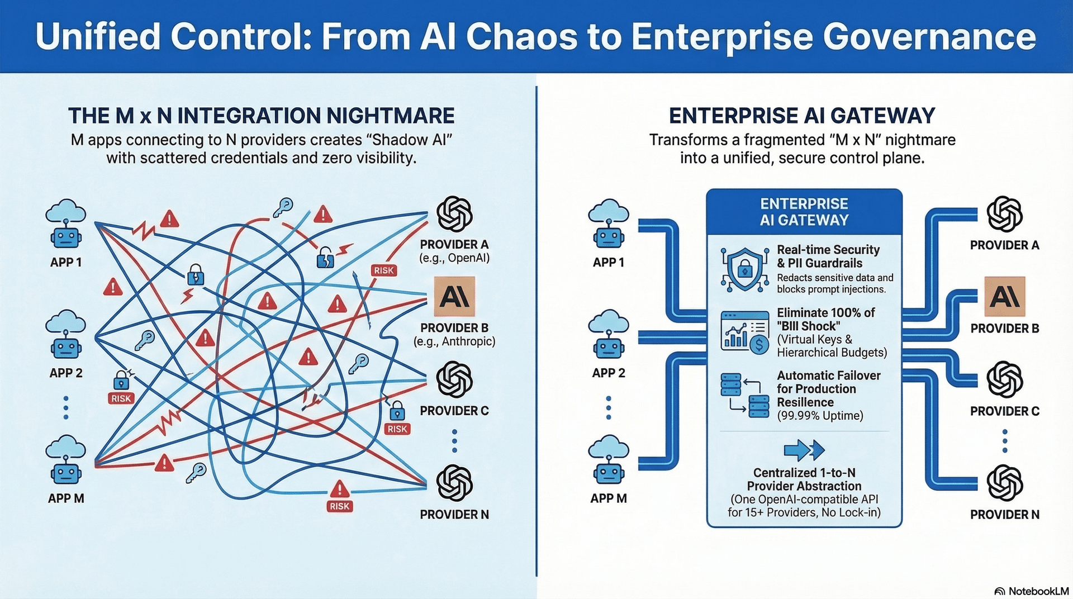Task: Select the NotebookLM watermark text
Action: tap(1038, 591)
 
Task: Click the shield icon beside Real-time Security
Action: tap(744, 269)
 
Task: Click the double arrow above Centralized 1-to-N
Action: tap(804, 450)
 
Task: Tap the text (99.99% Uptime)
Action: tap(820, 416)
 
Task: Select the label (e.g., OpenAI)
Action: tap(454, 258)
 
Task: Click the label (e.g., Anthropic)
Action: tap(454, 341)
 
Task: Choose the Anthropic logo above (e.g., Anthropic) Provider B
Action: tap(454, 296)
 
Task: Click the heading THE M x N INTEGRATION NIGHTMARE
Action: tap(262, 116)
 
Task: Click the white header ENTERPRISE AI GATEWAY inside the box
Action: tap(804, 212)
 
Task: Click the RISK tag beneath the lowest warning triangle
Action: tap(339, 506)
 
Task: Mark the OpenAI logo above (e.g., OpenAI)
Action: tap(454, 214)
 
